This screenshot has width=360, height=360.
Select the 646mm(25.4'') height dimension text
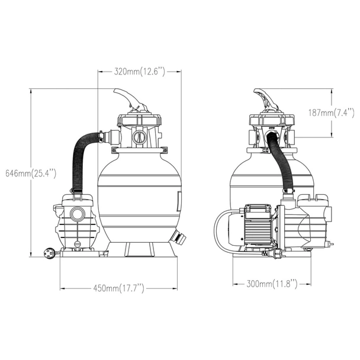coord(30,173)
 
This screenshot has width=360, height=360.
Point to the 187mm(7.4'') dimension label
coord(332,112)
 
